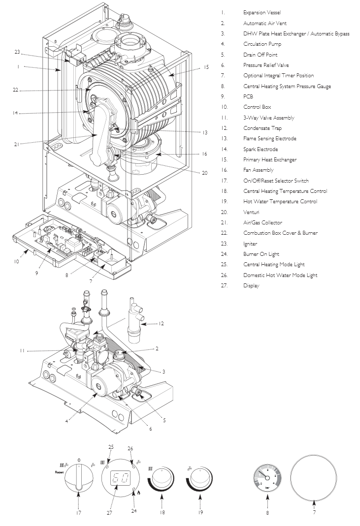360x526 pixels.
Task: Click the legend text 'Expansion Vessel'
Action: coord(262,12)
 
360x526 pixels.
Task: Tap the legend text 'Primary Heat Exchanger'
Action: coord(269,159)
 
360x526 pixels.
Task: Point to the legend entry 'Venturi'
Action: coord(251,212)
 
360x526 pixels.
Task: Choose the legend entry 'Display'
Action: coord(251,285)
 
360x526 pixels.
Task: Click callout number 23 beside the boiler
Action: coord(17,52)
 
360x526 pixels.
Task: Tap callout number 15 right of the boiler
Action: coord(206,66)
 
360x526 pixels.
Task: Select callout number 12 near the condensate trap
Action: coord(161,323)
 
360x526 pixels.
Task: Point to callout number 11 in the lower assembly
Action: coord(22,350)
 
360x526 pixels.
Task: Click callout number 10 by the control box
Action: coord(16,261)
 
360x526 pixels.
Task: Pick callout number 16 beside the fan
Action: coord(204,154)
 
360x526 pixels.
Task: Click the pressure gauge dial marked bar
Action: coord(266,477)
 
